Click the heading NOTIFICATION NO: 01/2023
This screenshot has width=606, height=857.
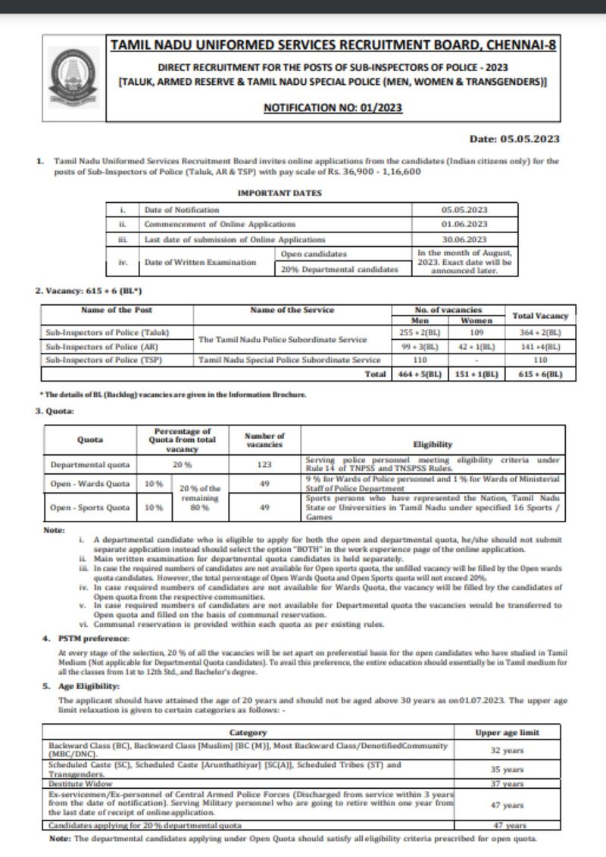point(333,108)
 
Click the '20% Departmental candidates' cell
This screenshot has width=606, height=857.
point(339,268)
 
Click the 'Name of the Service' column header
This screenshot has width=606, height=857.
point(293,310)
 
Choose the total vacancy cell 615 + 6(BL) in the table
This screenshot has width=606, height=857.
point(539,374)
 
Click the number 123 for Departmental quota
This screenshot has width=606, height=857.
point(264,464)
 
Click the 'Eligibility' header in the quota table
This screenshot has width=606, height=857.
point(433,444)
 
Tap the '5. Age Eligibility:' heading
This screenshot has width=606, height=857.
point(81,685)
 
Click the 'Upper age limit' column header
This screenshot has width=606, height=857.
point(507,732)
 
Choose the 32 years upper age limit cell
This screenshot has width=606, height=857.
point(507,749)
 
